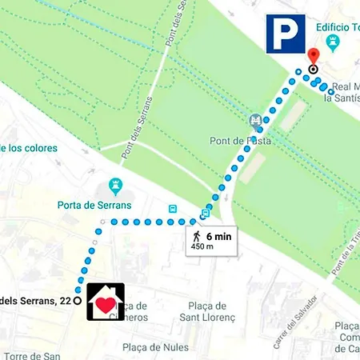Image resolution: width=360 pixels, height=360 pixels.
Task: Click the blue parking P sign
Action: tap(286, 33)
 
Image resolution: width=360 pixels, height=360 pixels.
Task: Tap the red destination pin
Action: tap(313, 57)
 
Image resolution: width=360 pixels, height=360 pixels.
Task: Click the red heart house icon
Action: tap(106, 302)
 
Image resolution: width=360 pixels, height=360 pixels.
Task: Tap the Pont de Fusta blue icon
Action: tap(255, 122)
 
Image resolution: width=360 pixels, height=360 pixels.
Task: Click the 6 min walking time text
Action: tap(218, 236)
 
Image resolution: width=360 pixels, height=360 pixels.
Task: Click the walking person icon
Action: tap(196, 236)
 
